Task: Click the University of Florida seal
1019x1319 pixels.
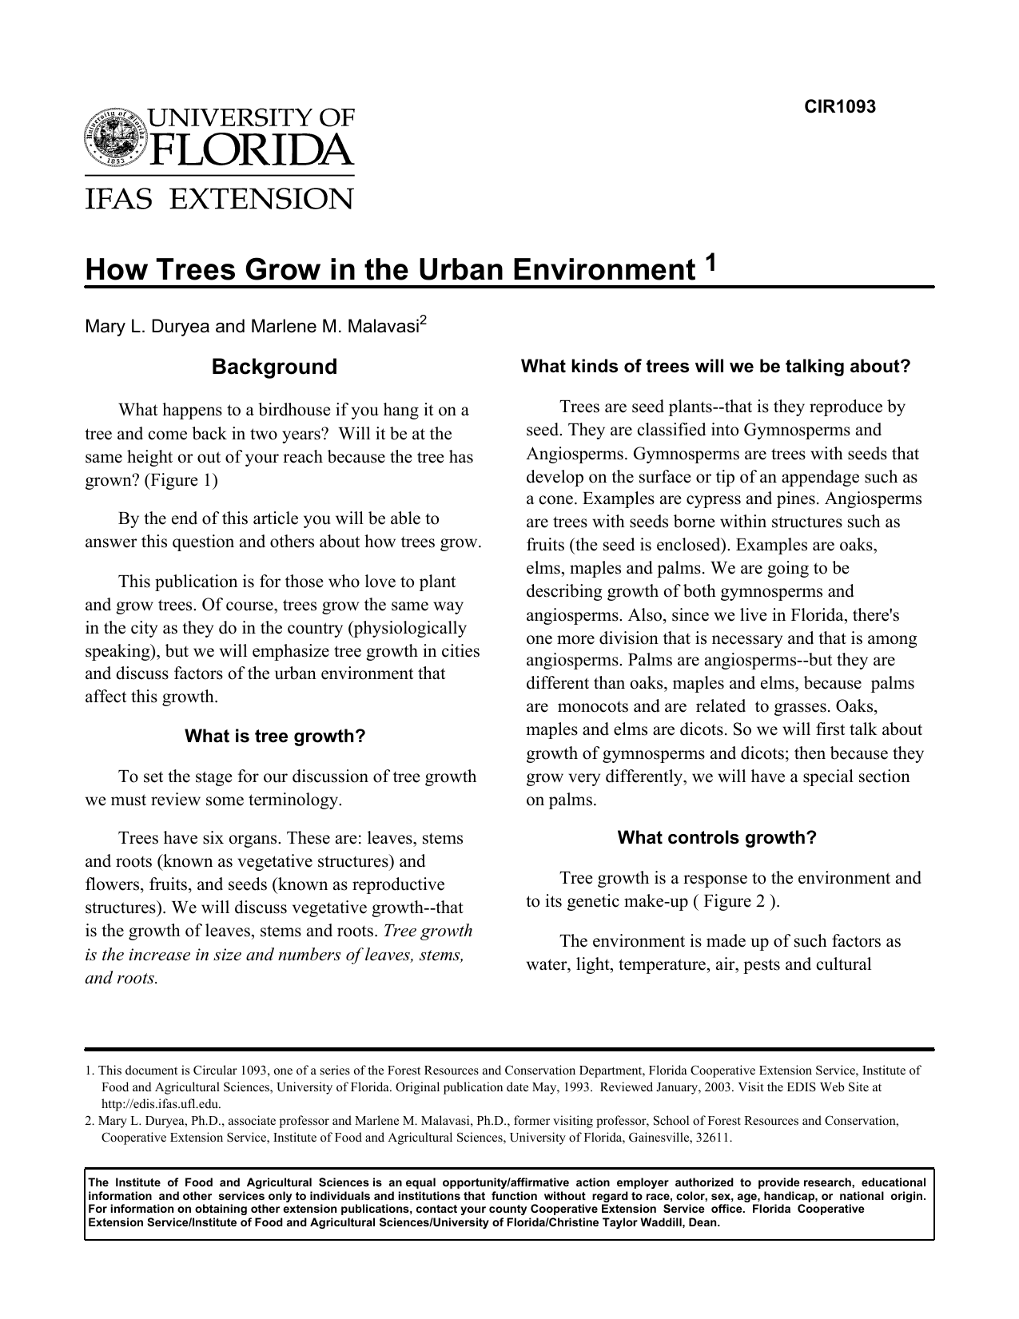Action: click(x=116, y=137)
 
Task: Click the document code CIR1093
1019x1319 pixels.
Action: click(x=839, y=107)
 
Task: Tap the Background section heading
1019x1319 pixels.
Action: click(x=274, y=367)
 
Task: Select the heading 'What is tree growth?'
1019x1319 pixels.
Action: click(x=275, y=736)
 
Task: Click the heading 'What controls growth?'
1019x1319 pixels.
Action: click(x=717, y=837)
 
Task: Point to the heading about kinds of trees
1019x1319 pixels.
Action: click(x=715, y=367)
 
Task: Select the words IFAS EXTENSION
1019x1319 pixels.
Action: click(x=219, y=198)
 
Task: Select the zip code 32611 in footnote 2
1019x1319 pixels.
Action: click(x=714, y=1138)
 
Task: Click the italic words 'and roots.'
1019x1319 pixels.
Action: click(x=121, y=978)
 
